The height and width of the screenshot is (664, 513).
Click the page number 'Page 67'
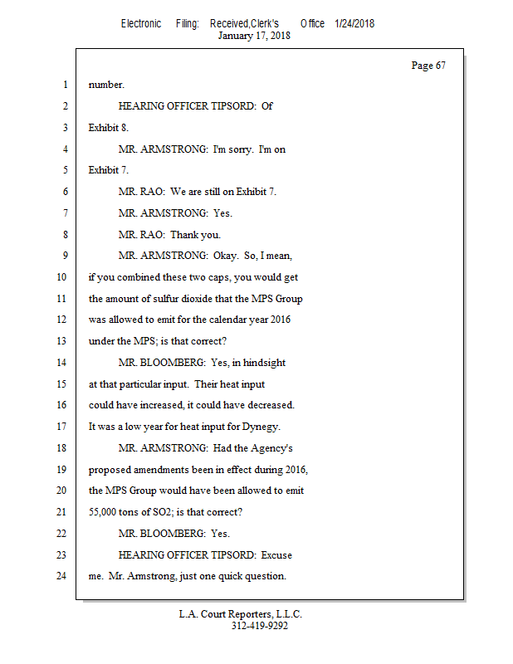pos(428,66)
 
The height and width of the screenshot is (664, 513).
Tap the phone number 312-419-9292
pos(259,627)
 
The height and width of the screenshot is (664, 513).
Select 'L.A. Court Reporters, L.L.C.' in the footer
pos(241,615)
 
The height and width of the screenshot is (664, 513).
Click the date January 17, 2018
pos(254,36)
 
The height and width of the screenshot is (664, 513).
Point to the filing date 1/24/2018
pos(354,23)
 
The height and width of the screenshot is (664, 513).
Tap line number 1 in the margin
pos(65,85)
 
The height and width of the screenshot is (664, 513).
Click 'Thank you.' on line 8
pos(196,235)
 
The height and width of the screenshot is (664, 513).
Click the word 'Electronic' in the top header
pos(141,23)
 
